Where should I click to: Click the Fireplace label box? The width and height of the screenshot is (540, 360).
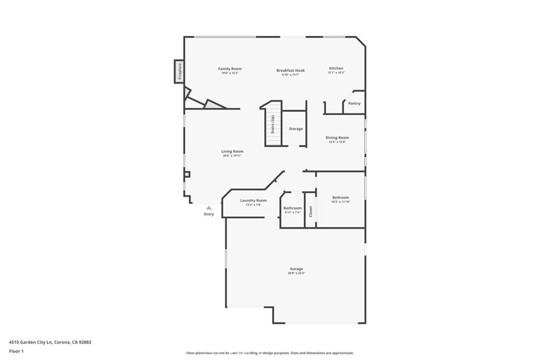(x=179, y=71)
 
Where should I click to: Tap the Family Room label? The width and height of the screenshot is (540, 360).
(x=230, y=69)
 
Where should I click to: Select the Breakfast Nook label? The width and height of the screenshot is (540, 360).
(x=291, y=70)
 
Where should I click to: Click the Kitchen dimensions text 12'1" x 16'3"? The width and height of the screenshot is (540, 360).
(x=336, y=73)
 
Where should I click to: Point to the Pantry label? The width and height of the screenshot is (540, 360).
(x=354, y=103)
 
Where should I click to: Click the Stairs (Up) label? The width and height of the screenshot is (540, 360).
(x=273, y=124)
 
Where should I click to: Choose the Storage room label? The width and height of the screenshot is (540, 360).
(x=296, y=129)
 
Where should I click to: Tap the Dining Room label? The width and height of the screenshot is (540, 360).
(x=337, y=138)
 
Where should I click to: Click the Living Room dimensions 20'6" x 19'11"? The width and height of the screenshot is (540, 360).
(x=233, y=155)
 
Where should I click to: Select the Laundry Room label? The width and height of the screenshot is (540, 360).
(x=253, y=200)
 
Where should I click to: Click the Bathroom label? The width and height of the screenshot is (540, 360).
(x=293, y=208)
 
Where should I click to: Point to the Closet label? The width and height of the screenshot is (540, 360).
(x=311, y=211)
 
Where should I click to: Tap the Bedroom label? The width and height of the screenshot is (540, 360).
(x=340, y=197)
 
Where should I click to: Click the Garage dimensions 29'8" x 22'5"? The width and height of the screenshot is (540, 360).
(x=296, y=273)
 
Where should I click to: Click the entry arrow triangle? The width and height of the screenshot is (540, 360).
(x=209, y=208)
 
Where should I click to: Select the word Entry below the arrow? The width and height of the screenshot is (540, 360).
(x=209, y=214)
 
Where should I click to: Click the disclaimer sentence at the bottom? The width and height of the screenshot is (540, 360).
(x=269, y=353)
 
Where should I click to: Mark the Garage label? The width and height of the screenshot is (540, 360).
(x=296, y=269)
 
